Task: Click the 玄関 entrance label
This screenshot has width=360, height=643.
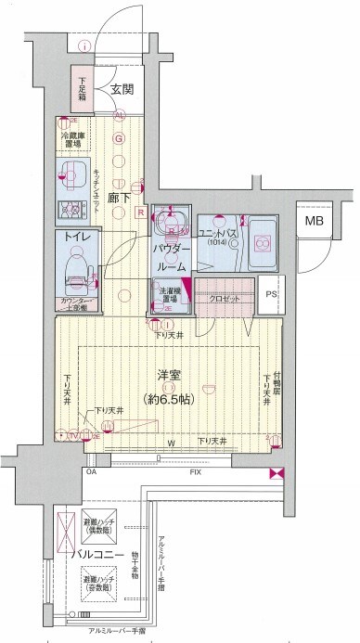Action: pyautogui.click(x=122, y=89)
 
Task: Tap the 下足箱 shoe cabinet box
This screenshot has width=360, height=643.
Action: pyautogui.click(x=82, y=91)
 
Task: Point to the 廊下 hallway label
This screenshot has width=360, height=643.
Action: pyautogui.click(x=118, y=198)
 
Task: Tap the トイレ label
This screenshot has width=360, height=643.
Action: pyautogui.click(x=77, y=238)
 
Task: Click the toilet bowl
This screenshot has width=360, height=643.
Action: pyautogui.click(x=76, y=269)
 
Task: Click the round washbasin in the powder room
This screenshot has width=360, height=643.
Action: pyautogui.click(x=171, y=224)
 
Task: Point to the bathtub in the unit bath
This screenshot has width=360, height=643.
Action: pyautogui.click(x=263, y=239)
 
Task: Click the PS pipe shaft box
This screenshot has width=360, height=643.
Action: pyautogui.click(x=271, y=295)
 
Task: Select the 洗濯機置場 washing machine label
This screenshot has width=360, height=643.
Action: pyautogui.click(x=167, y=295)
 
